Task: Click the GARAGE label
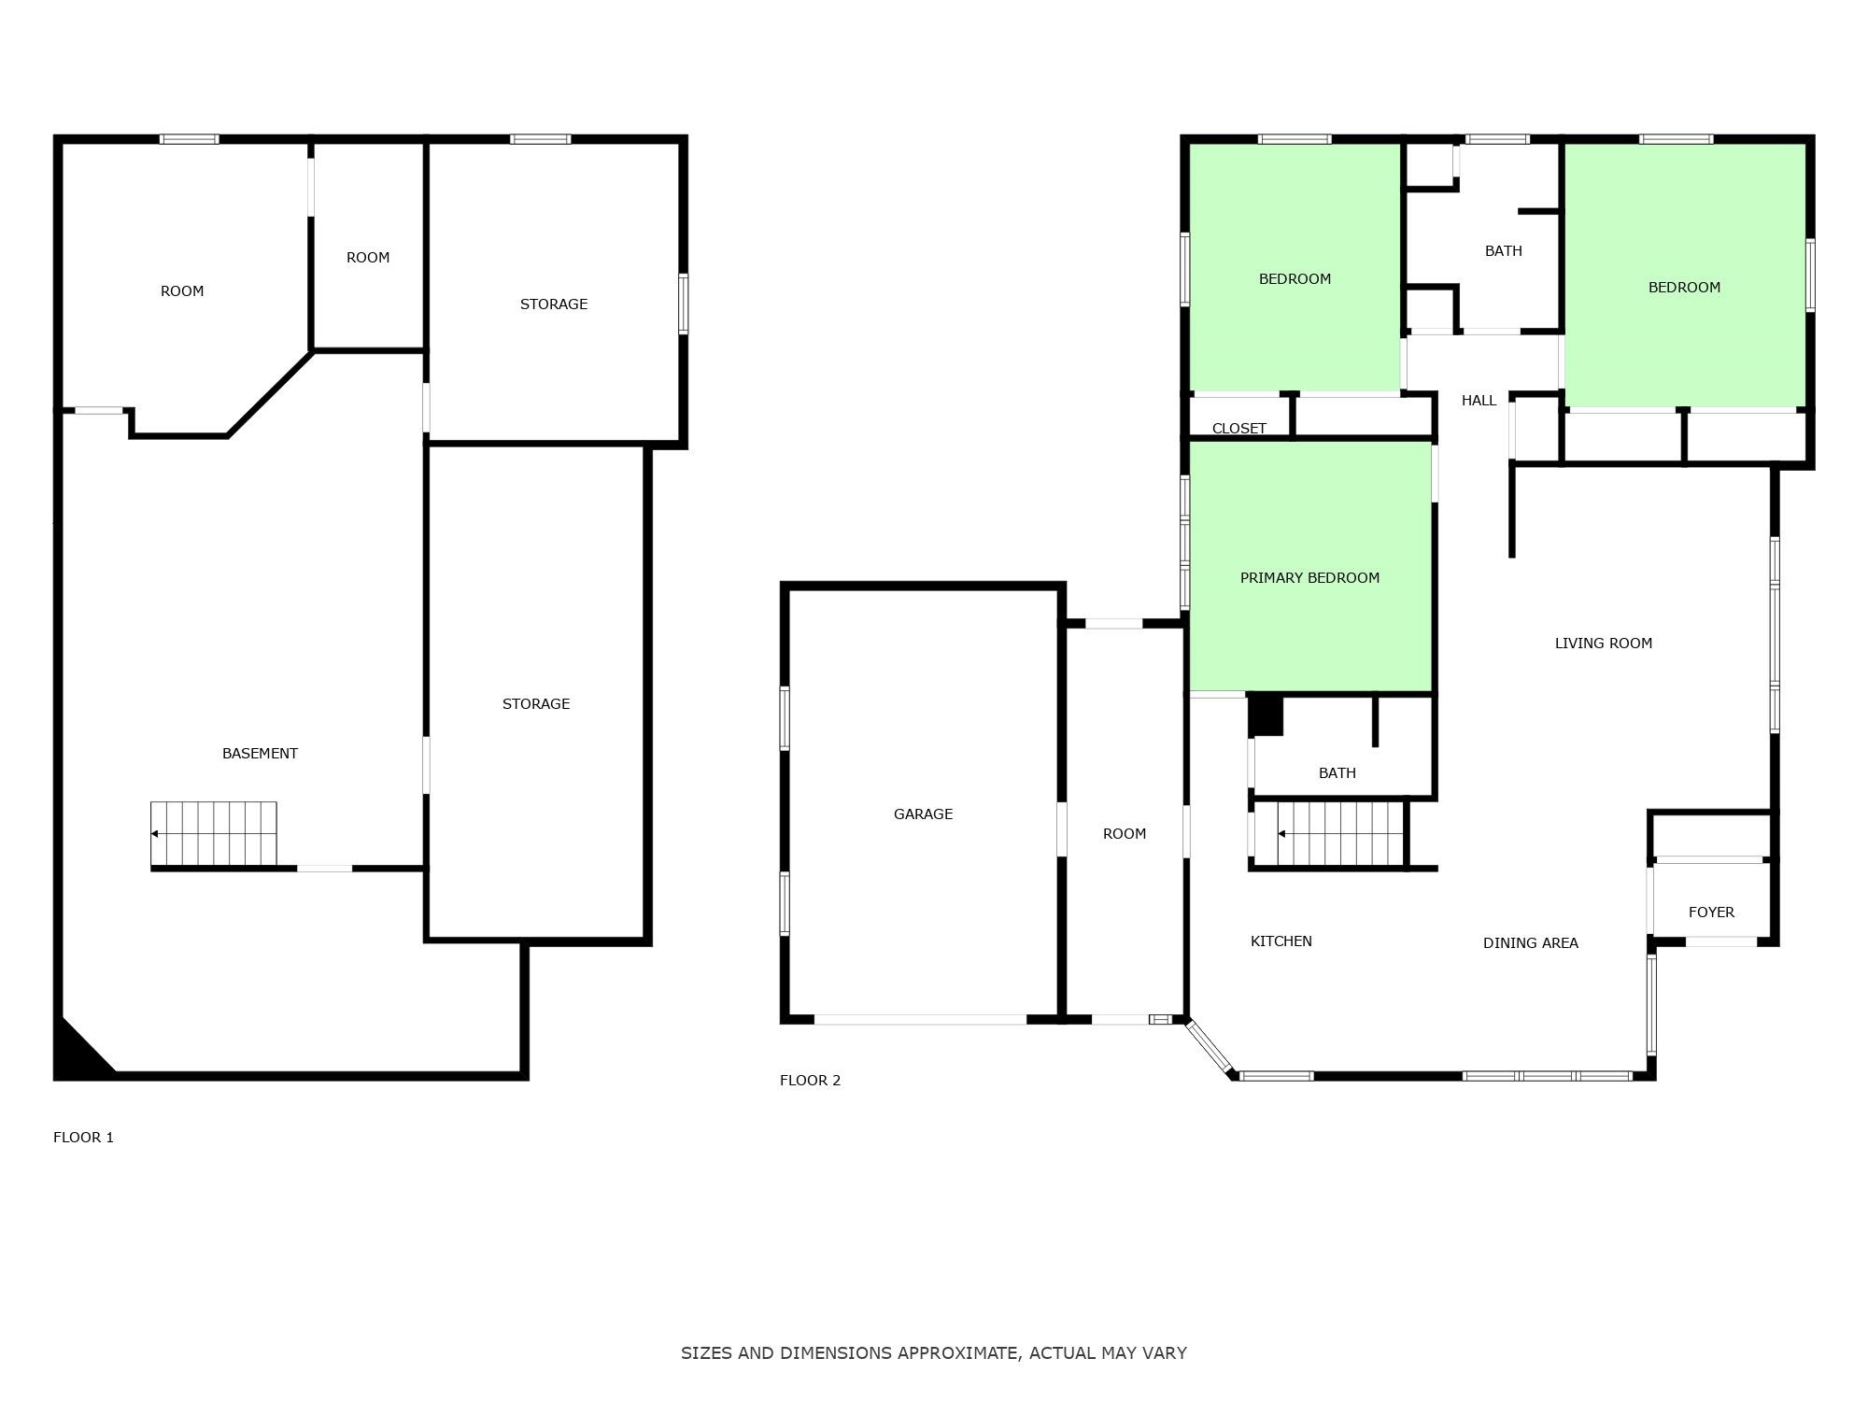923,814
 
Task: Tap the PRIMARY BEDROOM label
1309,578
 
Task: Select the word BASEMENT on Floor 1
260,754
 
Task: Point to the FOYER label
1711,913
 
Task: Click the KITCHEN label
1281,941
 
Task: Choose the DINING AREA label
1530,943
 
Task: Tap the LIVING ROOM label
1603,644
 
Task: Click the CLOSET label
1238,429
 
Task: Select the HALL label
1479,401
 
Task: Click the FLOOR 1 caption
83,1138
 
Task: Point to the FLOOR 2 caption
810,1081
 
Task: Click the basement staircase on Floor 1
214,834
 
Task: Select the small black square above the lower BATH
1266,715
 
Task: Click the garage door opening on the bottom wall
920,1019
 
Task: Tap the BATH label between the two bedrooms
1503,251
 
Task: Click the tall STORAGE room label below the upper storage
535,704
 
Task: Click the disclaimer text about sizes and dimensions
933,1352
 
